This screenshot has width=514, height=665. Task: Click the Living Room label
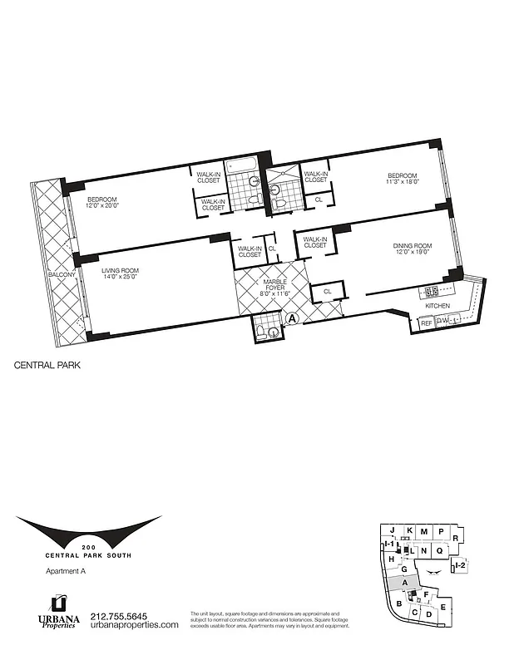tap(120, 271)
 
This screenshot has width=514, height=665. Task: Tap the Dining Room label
tap(412, 245)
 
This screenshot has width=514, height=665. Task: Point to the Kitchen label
tap(437, 306)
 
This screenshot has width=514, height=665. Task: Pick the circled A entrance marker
tap(291, 317)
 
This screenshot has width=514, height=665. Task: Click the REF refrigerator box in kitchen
tap(426, 321)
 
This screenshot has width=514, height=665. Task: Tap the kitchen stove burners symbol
tap(432, 291)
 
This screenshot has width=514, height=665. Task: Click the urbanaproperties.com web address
tap(134, 625)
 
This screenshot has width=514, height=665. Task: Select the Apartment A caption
tap(64, 571)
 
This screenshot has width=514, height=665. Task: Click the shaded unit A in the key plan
tap(404, 583)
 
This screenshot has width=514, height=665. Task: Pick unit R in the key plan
tap(457, 531)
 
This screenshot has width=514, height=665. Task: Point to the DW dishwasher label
tap(442, 321)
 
